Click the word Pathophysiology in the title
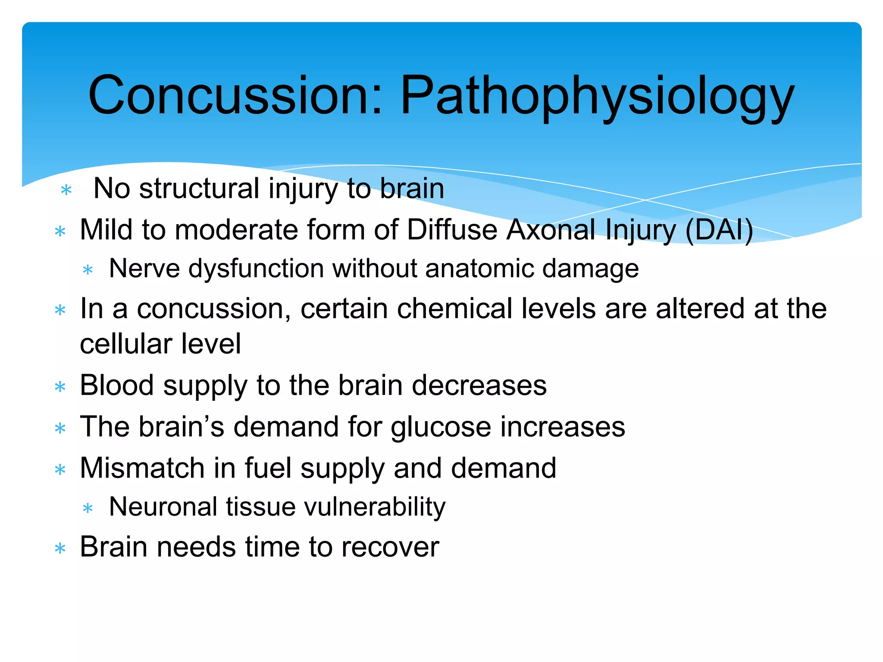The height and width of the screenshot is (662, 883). pyautogui.click(x=597, y=97)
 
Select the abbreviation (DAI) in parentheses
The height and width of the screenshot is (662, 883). pyautogui.click(x=719, y=230)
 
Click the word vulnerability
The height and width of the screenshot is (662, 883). pyautogui.click(x=375, y=507)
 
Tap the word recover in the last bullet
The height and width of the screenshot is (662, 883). pyautogui.click(x=390, y=547)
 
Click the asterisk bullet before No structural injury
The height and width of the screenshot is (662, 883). pyautogui.click(x=66, y=190)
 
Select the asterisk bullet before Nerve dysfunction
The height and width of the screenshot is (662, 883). pyautogui.click(x=88, y=270)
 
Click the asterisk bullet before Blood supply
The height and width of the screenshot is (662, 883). pyautogui.click(x=60, y=387)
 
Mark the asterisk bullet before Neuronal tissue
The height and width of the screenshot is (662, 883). pyautogui.click(x=88, y=509)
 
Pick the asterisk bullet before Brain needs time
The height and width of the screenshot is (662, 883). pyautogui.click(x=60, y=549)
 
